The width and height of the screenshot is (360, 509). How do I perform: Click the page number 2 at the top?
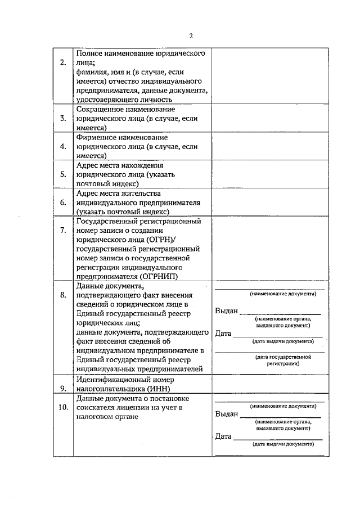[x=191, y=36]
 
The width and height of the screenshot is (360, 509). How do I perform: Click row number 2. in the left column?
[x=63, y=62]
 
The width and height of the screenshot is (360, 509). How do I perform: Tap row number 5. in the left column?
[x=63, y=174]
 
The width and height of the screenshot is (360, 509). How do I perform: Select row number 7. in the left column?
[x=63, y=230]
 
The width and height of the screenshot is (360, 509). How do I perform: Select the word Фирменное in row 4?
[x=97, y=137]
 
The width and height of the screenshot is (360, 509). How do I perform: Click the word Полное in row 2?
[x=88, y=53]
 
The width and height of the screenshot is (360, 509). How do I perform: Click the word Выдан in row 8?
[x=227, y=312]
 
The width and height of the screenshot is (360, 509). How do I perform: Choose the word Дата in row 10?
[x=223, y=436]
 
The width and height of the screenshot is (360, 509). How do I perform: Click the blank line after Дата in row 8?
[x=277, y=335]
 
